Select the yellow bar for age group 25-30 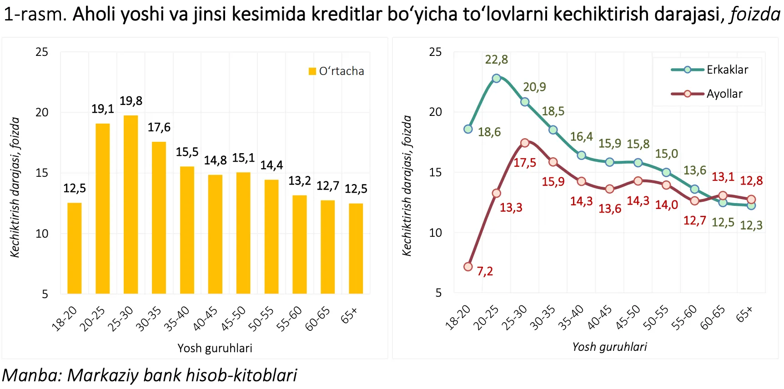pyautogui.click(x=131, y=204)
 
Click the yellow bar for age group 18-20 pyautogui.click(x=75, y=248)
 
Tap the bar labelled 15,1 pyautogui.click(x=243, y=233)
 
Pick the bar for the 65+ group pyautogui.click(x=356, y=248)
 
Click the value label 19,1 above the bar pyautogui.click(x=103, y=109)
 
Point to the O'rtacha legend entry pyautogui.click(x=337, y=71)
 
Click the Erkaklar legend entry pyautogui.click(x=709, y=70)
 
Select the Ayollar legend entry pyautogui.click(x=707, y=94)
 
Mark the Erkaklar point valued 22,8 pyautogui.click(x=497, y=78)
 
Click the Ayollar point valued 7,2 pyautogui.click(x=468, y=267)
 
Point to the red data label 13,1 pyautogui.click(x=723, y=177)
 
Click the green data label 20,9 pyautogui.click(x=534, y=87)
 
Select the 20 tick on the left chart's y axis pyautogui.click(x=42, y=112)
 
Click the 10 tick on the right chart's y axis pyautogui.click(x=435, y=233)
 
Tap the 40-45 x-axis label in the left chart pyautogui.click(x=205, y=318)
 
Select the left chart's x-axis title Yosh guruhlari pyautogui.click(x=215, y=348)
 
